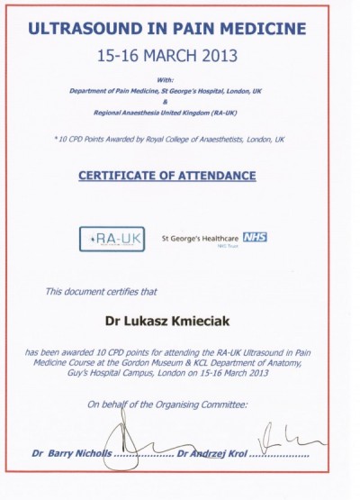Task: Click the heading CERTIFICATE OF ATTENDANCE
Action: tap(180, 175)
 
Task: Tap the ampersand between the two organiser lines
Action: tap(180, 101)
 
